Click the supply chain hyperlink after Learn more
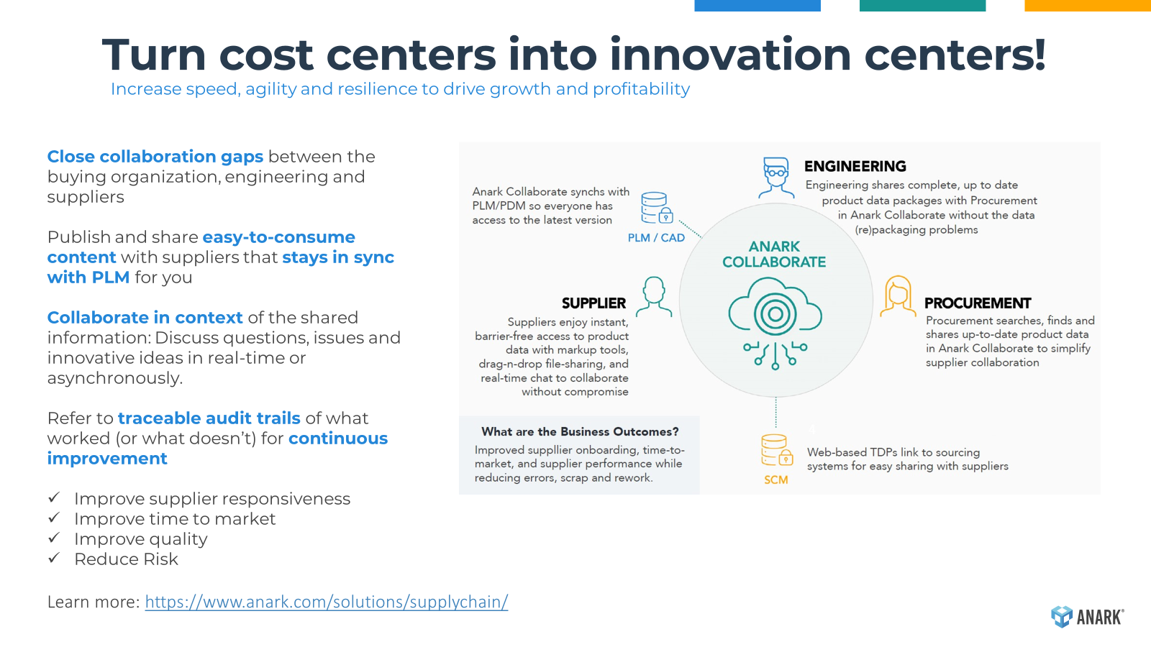click(x=327, y=601)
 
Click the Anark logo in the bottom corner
click(x=1087, y=616)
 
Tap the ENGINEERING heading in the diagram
click(x=855, y=166)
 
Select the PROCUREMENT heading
click(x=978, y=303)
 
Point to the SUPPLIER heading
click(x=593, y=303)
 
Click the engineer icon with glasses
click(x=776, y=178)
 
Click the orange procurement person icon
click(x=898, y=296)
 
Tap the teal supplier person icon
click(x=654, y=297)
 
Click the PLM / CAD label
click(x=656, y=238)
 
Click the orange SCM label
click(x=775, y=479)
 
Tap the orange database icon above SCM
click(x=777, y=450)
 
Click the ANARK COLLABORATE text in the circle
click(x=774, y=254)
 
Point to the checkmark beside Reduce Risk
click(x=54, y=558)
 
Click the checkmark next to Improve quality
click(x=54, y=538)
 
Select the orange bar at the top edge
click(x=1088, y=6)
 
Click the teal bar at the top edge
click(x=922, y=6)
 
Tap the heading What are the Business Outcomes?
click(x=580, y=431)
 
